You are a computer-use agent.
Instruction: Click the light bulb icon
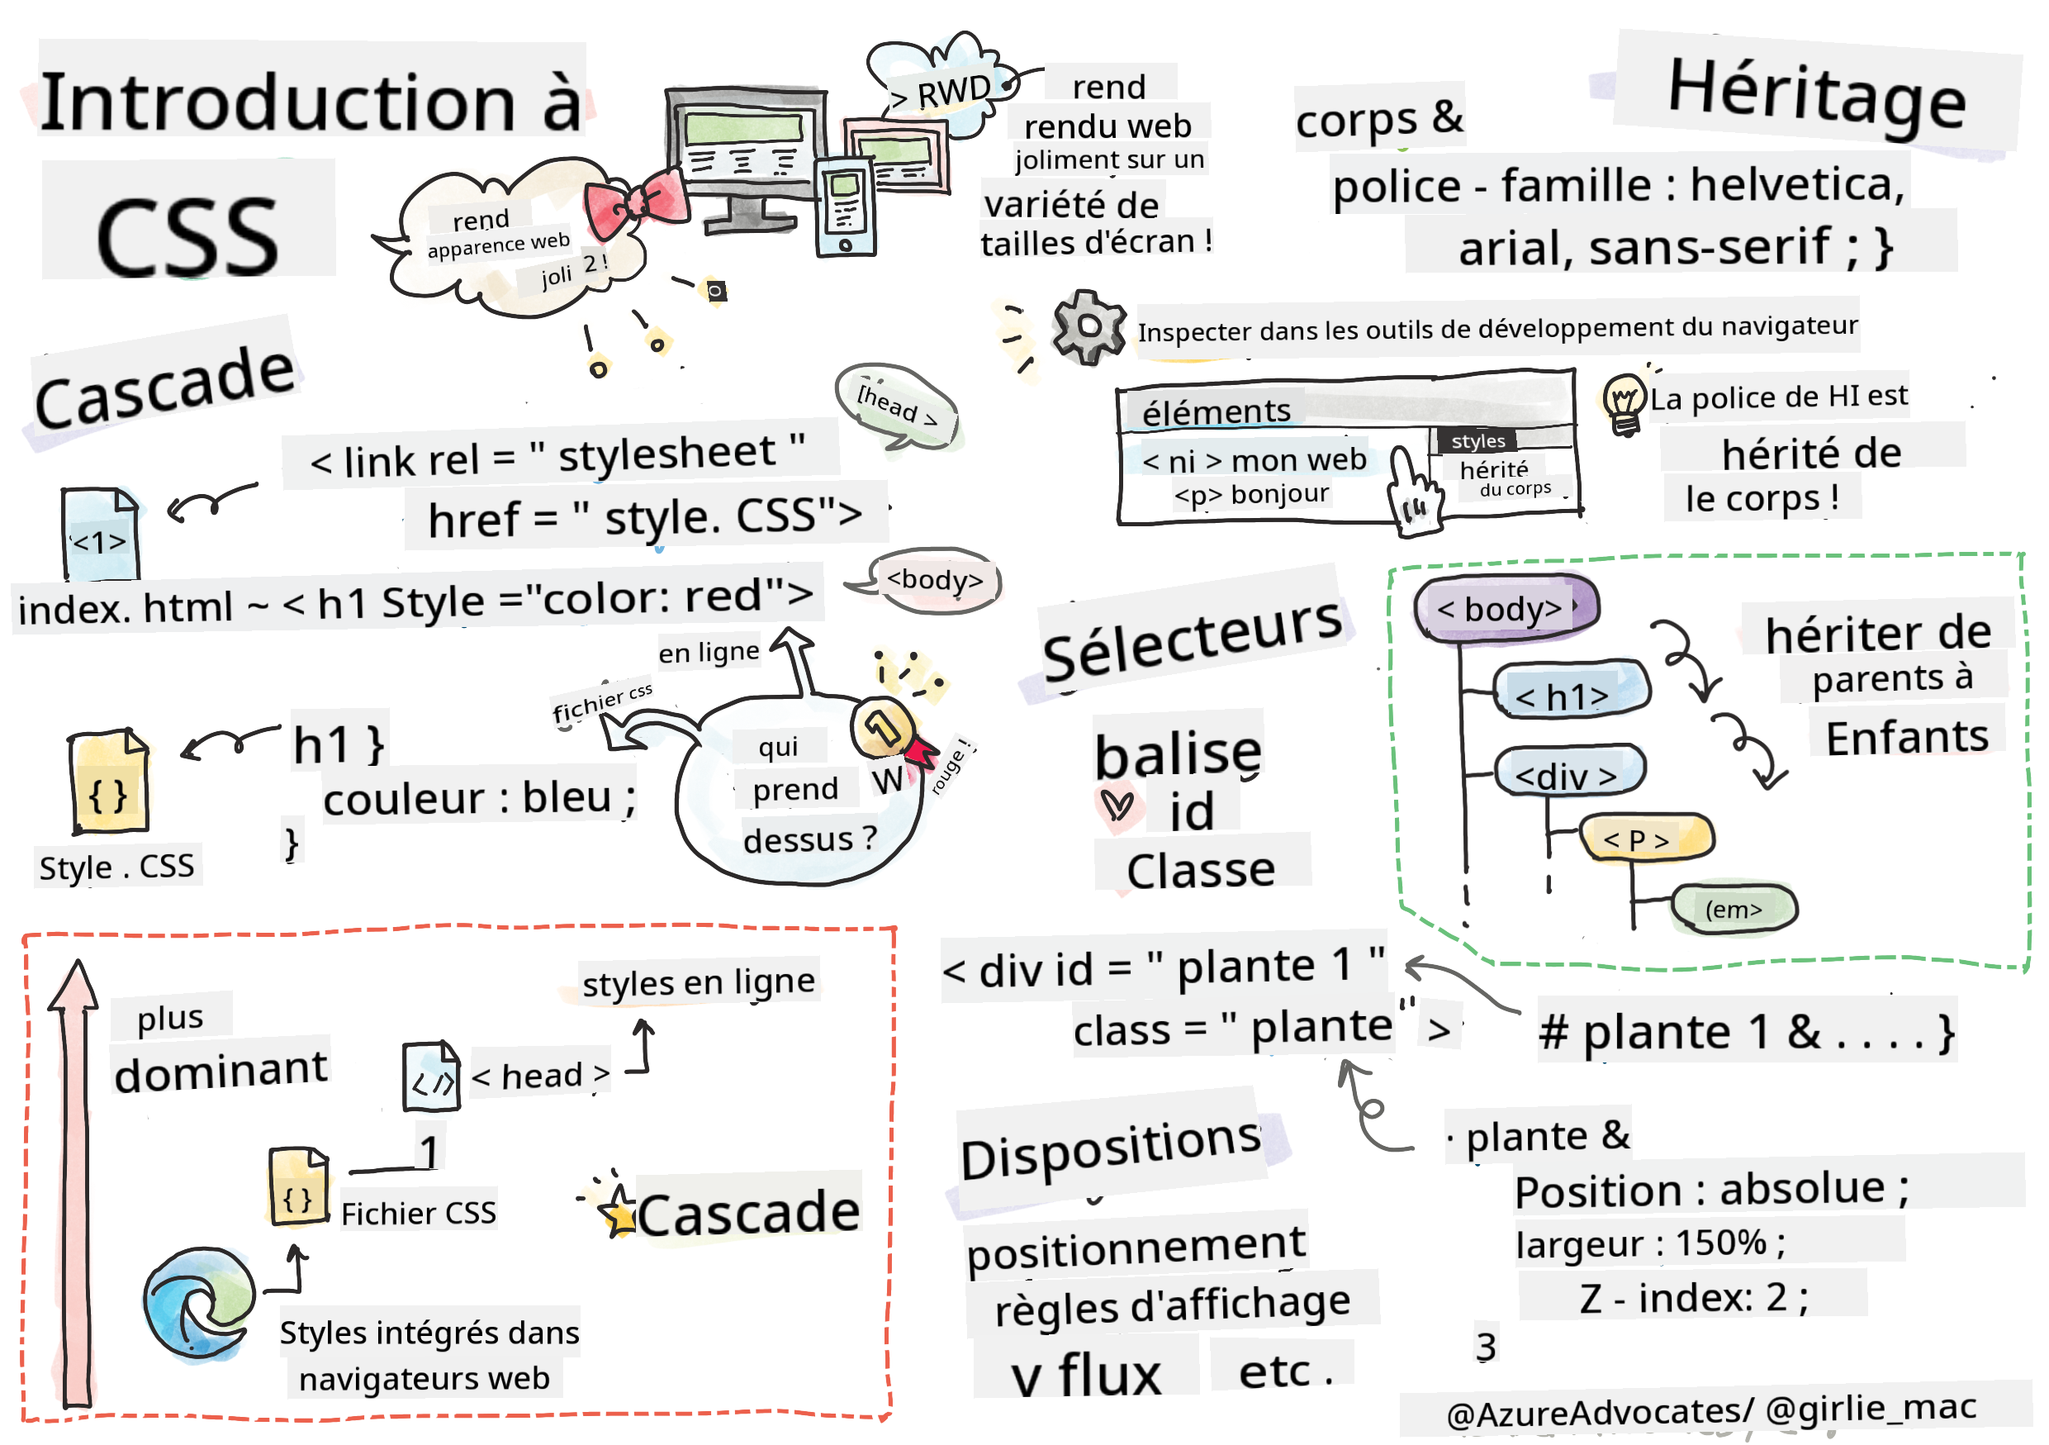(x=1624, y=403)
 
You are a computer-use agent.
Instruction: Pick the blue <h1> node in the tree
(x=1571, y=692)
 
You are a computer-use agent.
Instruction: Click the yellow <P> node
(x=1646, y=839)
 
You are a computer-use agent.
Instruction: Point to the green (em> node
(x=1733, y=910)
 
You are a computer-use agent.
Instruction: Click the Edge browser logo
(x=198, y=1303)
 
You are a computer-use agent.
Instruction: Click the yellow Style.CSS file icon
(x=109, y=782)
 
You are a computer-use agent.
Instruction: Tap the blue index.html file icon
(x=100, y=534)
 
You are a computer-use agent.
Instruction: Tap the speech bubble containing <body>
(x=933, y=581)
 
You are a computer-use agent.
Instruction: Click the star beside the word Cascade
(x=617, y=1211)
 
